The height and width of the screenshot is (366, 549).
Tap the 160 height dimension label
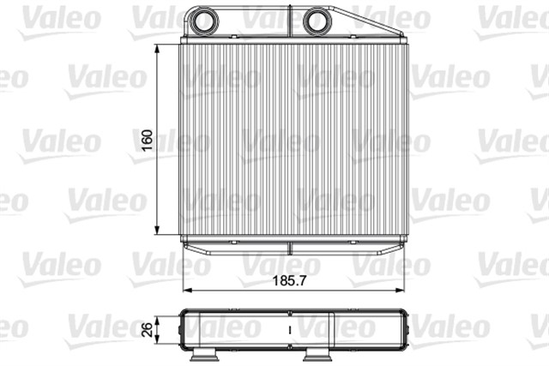click(147, 140)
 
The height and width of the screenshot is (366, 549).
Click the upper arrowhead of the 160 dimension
click(159, 50)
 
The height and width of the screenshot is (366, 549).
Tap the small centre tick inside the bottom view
click(291, 327)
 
